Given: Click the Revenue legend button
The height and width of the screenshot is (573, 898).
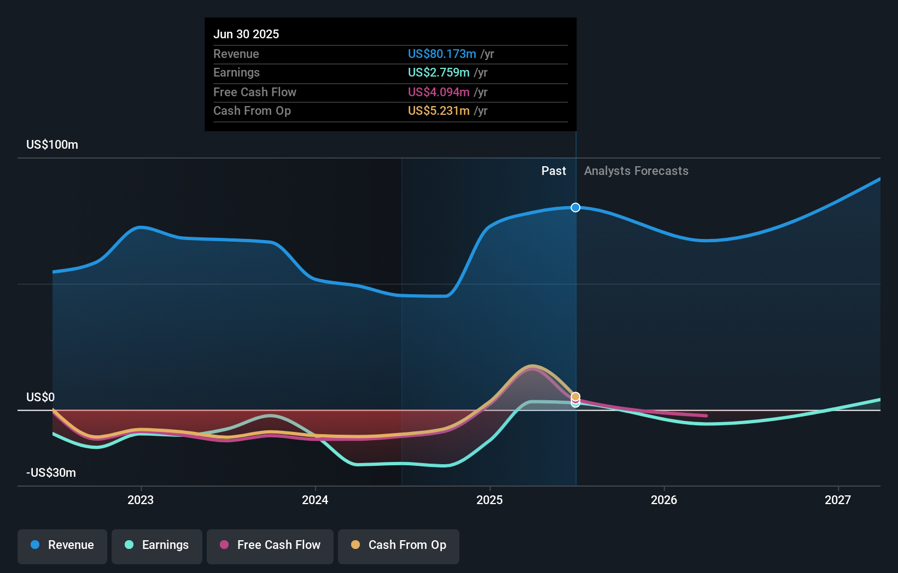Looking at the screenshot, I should [x=62, y=545].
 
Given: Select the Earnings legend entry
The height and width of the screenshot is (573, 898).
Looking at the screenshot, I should [x=157, y=545].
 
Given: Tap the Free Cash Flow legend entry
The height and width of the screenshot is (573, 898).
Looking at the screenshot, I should [x=270, y=545].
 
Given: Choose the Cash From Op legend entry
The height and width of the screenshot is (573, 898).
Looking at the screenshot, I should [x=399, y=545].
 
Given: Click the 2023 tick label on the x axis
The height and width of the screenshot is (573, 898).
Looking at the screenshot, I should [x=141, y=500].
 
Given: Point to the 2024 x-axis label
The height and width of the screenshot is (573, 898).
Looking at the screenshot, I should [x=315, y=500].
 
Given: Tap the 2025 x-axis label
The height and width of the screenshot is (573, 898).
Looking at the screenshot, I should [x=489, y=500].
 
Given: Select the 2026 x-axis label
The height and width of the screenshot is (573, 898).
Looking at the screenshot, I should [x=664, y=500].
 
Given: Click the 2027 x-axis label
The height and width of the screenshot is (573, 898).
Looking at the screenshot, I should [x=838, y=500].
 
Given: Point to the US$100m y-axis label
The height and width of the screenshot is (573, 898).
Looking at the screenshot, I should [x=52, y=145].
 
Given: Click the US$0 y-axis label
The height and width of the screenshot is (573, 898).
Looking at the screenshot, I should [x=40, y=397].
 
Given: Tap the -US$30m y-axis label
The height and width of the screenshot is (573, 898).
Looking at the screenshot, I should [x=51, y=473].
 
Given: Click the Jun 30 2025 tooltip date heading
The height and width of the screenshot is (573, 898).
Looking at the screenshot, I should [x=246, y=34].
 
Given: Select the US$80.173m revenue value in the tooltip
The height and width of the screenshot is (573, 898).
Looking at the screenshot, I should [x=442, y=54].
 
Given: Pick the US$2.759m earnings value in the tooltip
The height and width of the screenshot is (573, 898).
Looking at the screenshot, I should [x=439, y=73].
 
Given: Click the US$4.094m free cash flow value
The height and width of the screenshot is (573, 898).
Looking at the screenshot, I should [x=439, y=92].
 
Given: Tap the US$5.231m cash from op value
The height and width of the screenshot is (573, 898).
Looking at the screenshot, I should [x=439, y=111].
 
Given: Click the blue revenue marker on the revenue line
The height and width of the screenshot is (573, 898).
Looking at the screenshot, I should [x=575, y=207].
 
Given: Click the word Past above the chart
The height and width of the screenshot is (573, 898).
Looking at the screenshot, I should [x=553, y=171].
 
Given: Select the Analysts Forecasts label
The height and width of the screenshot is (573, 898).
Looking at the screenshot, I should [x=636, y=171].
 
